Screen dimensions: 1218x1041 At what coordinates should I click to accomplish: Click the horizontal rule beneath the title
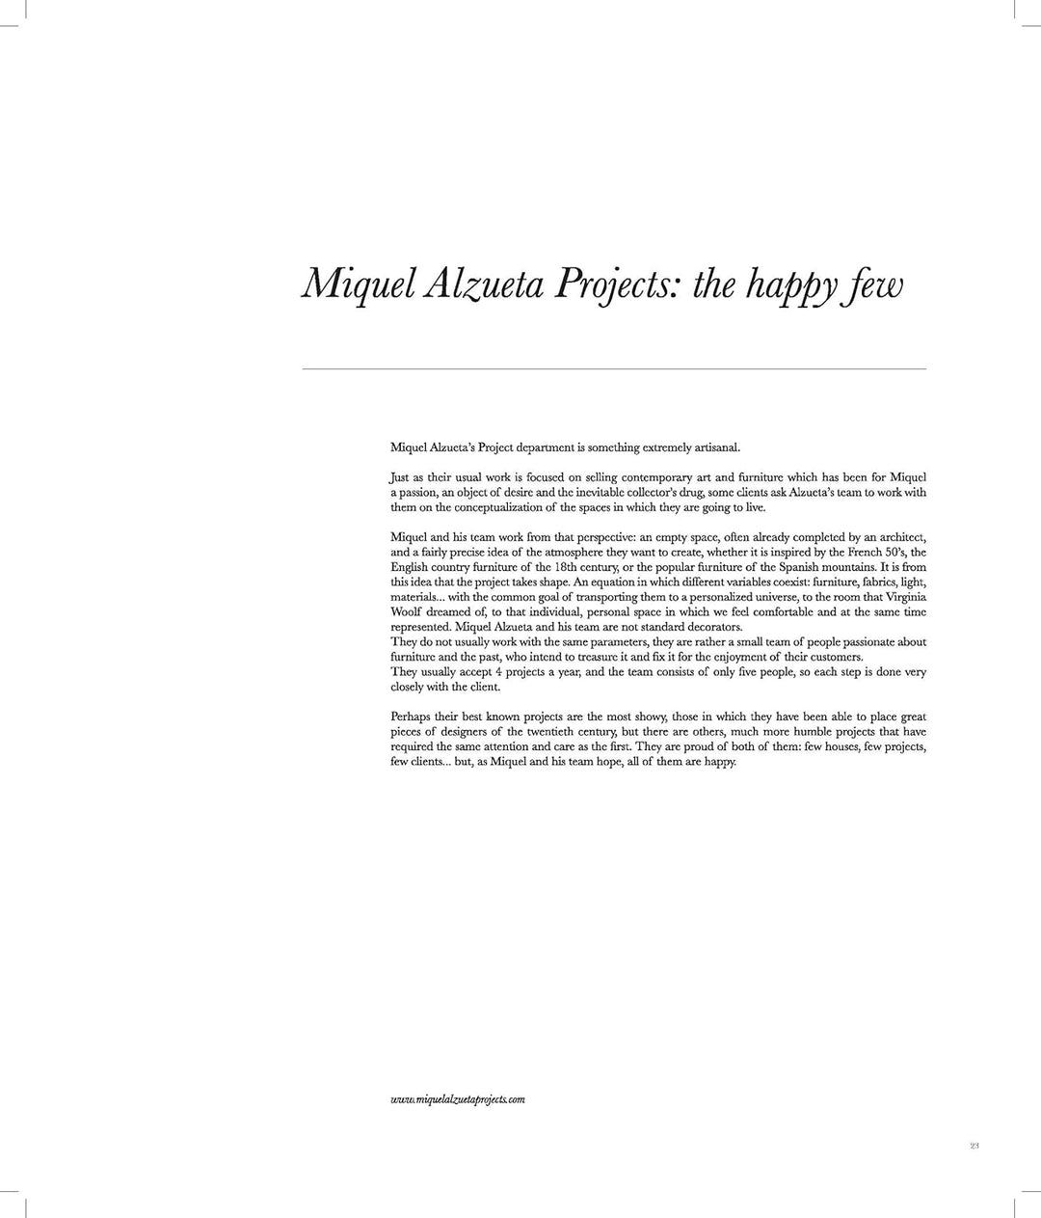coord(614,369)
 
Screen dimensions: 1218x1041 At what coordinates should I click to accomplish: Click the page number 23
coord(974,1146)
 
